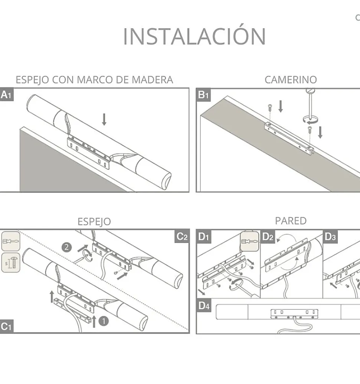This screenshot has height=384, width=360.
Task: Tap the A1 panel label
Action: (7, 95)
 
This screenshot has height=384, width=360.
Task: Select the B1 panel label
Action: (203, 95)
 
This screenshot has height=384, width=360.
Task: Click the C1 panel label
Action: (6, 326)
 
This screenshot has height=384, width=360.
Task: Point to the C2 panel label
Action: (182, 236)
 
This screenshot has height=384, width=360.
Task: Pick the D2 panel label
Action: (268, 237)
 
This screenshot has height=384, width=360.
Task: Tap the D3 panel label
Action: (330, 237)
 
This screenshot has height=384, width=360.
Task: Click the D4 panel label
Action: (204, 305)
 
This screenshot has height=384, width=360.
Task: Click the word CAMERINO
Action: (291, 79)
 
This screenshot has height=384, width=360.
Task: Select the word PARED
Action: (291, 221)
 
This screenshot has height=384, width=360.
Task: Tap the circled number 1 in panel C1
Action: (104, 321)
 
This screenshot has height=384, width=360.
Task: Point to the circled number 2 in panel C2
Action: (66, 247)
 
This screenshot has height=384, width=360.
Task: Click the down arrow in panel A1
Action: (104, 119)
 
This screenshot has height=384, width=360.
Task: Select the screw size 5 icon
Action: (11, 263)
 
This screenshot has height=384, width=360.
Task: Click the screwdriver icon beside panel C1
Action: (11, 241)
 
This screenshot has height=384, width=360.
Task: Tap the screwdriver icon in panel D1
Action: (250, 241)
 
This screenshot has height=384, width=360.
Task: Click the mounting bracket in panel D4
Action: (294, 314)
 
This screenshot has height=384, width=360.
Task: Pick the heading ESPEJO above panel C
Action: (94, 222)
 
